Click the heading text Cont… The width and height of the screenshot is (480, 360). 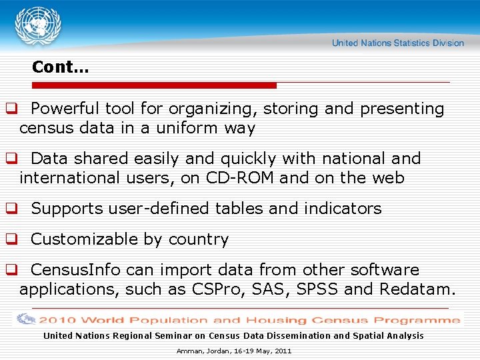(x=61, y=67)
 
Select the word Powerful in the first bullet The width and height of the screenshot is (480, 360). (x=64, y=109)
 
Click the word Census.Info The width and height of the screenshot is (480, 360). (x=76, y=270)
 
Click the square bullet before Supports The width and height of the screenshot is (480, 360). (x=11, y=209)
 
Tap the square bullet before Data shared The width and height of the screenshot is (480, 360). (x=11, y=159)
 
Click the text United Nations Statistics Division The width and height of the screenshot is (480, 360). (x=397, y=43)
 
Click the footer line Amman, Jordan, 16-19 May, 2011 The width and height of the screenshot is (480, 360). (x=234, y=351)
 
